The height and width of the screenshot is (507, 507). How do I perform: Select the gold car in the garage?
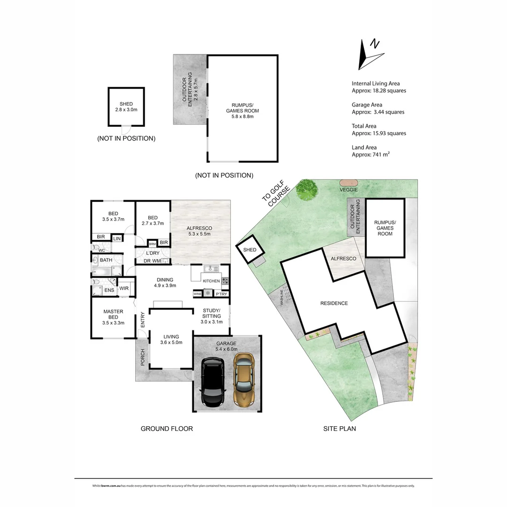(244, 381)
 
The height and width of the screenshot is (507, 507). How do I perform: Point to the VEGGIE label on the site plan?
(349, 190)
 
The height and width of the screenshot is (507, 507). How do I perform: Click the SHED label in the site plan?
(250, 250)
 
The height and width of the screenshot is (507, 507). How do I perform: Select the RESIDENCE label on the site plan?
(334, 303)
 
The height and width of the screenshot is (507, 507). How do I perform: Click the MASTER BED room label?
(113, 315)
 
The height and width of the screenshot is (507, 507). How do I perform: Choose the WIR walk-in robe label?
(124, 288)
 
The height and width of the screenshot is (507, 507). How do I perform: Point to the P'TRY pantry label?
(221, 294)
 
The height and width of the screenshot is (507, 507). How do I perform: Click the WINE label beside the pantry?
(197, 294)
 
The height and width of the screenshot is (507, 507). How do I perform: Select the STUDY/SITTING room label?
(211, 316)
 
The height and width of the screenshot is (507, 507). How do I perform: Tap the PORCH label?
(142, 358)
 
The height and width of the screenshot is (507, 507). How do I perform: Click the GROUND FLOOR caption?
(167, 429)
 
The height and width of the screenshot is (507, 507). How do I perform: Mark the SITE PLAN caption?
(339, 429)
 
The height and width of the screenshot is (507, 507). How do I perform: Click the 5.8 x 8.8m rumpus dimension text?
(242, 116)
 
